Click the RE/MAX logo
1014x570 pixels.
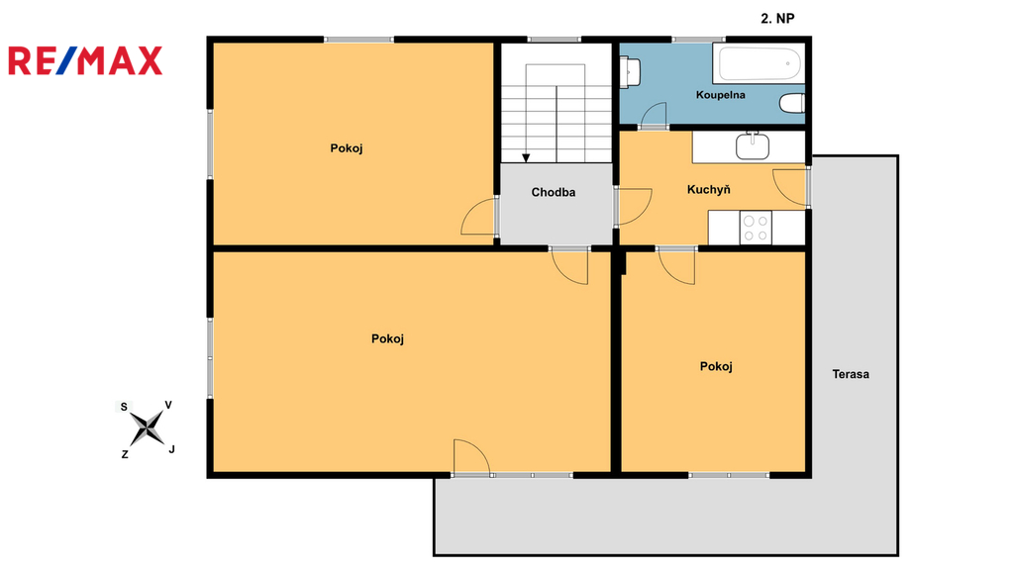tap(85, 60)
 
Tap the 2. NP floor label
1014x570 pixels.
tap(777, 19)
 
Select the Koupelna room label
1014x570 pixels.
tap(721, 95)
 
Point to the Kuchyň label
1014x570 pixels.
tap(709, 189)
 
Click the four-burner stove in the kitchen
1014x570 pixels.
tap(756, 228)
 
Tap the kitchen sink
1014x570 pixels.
tap(753, 146)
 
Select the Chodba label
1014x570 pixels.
tap(554, 192)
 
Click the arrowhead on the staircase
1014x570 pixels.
tap(526, 157)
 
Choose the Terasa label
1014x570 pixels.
tap(851, 374)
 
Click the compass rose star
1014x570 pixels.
tap(148, 427)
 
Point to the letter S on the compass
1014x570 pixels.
tap(124, 407)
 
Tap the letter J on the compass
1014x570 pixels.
tap(171, 449)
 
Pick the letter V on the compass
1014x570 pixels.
tap(168, 405)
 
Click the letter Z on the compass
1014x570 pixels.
tap(125, 454)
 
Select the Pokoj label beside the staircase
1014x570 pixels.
tap(347, 148)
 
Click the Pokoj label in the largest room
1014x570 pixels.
tap(387, 338)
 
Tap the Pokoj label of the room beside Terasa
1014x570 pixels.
tap(716, 366)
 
